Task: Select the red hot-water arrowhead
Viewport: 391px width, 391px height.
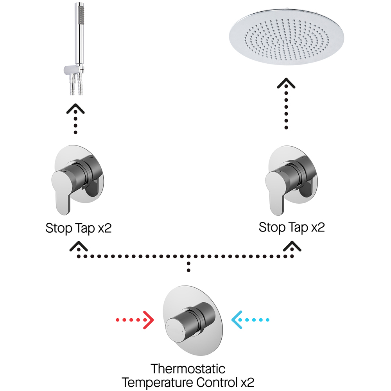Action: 149,320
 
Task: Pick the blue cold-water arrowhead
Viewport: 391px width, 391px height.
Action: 237,320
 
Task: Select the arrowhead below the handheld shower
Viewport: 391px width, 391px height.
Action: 75,109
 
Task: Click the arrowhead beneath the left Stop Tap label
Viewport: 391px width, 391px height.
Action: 78,246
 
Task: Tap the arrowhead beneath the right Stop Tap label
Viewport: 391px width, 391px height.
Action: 292,246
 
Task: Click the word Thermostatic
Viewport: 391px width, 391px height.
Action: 188,369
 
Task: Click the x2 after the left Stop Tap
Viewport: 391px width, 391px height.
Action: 104,228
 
